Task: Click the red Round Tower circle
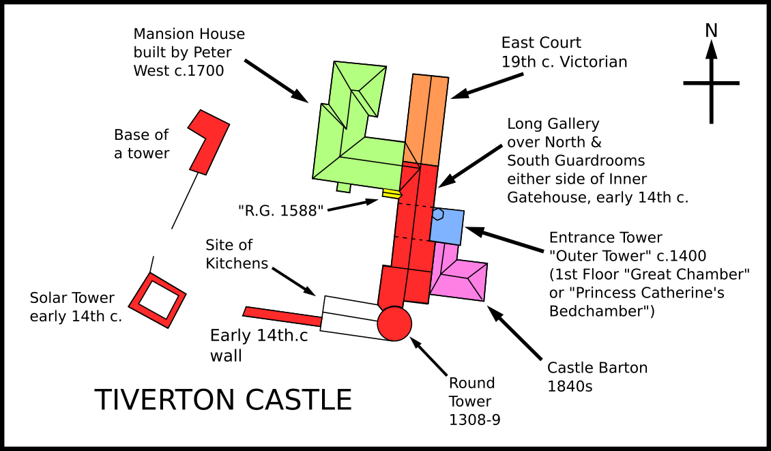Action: pyautogui.click(x=394, y=323)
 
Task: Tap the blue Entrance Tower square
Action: pyautogui.click(x=447, y=227)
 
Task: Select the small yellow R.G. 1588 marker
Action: pyautogui.click(x=390, y=194)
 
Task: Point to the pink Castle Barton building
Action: pyautogui.click(x=459, y=272)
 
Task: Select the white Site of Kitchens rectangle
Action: pyautogui.click(x=350, y=318)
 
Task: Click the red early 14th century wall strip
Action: pyautogui.click(x=282, y=316)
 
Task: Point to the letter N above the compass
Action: pyautogui.click(x=711, y=31)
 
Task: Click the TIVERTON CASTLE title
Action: pyautogui.click(x=223, y=399)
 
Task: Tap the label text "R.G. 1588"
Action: pyautogui.click(x=280, y=211)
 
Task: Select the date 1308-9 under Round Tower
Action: pyautogui.click(x=474, y=420)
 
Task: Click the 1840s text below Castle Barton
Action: pyautogui.click(x=570, y=386)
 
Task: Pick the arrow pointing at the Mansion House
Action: pyautogui.click(x=276, y=81)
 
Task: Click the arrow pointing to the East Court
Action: pyautogui.click(x=486, y=86)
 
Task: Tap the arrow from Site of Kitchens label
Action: pyautogui.click(x=293, y=282)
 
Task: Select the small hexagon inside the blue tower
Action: pyautogui.click(x=437, y=214)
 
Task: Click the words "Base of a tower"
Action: pyautogui.click(x=141, y=144)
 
